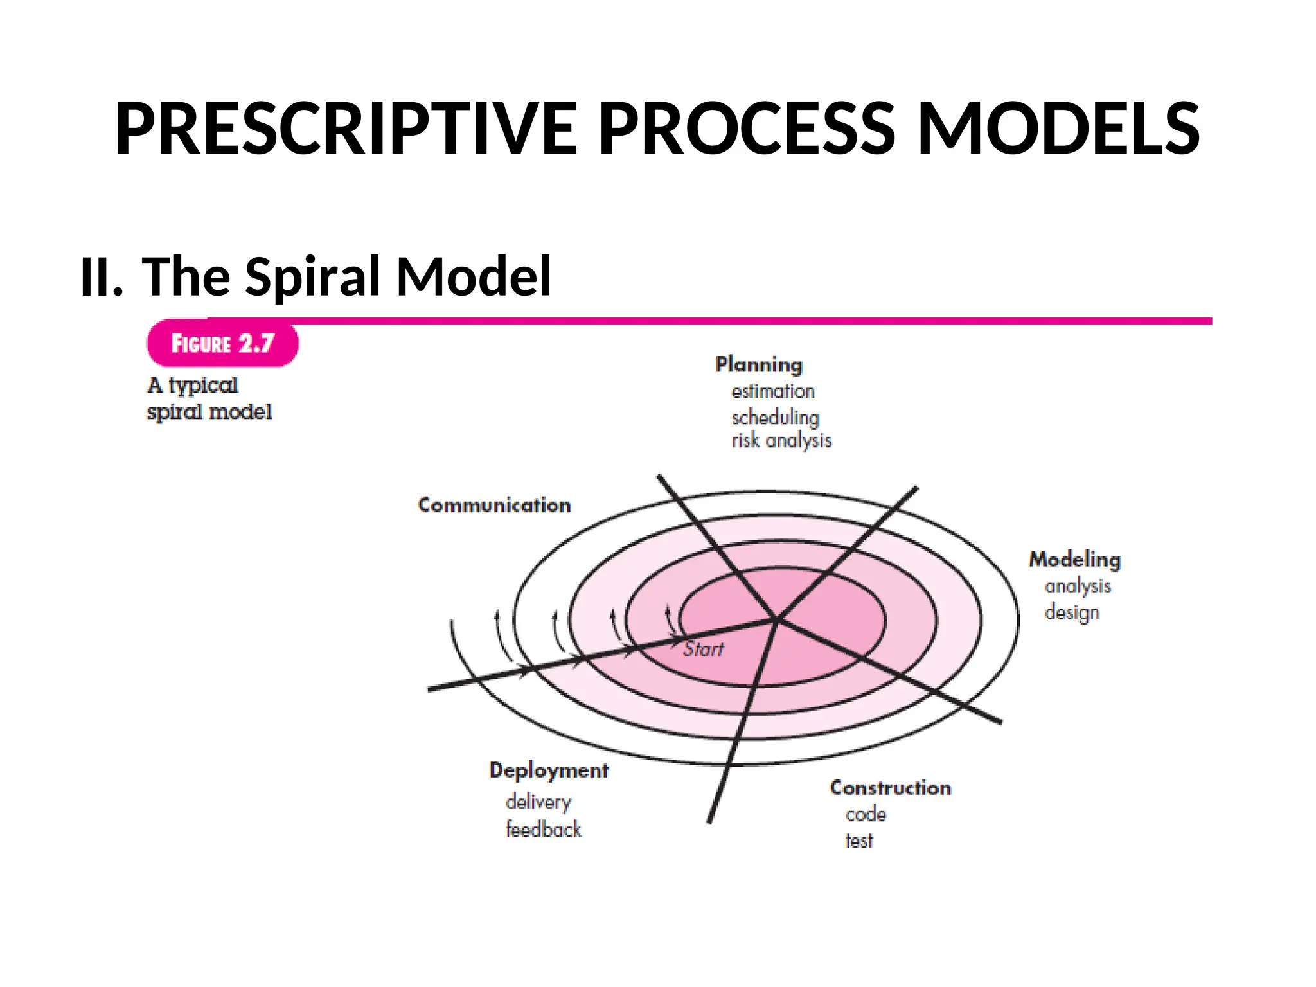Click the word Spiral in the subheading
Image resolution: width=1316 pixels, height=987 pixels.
point(314,276)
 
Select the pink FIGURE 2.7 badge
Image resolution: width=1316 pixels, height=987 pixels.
point(222,343)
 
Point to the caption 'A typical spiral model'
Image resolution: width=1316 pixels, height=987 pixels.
point(209,398)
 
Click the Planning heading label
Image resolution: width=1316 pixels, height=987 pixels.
point(759,364)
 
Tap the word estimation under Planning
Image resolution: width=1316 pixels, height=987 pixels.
point(773,391)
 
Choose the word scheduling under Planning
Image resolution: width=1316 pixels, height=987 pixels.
point(776,417)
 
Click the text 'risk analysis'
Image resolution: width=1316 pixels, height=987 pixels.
point(781,441)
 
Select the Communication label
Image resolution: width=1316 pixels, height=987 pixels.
point(494,505)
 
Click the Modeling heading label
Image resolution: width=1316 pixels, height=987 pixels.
point(1075,559)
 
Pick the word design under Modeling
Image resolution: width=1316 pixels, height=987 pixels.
point(1072,612)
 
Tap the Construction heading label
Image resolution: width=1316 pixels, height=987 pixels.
point(891,788)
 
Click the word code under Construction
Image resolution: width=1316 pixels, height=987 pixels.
point(866,815)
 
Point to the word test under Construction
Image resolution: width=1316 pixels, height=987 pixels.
point(859,840)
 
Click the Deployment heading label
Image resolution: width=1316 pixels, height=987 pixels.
point(549,770)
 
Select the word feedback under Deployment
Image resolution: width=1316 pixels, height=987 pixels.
point(544,830)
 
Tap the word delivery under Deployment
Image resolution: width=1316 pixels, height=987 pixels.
point(538,802)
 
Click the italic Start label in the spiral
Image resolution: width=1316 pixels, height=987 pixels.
point(703,649)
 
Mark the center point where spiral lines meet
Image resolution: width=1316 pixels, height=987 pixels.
point(777,620)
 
